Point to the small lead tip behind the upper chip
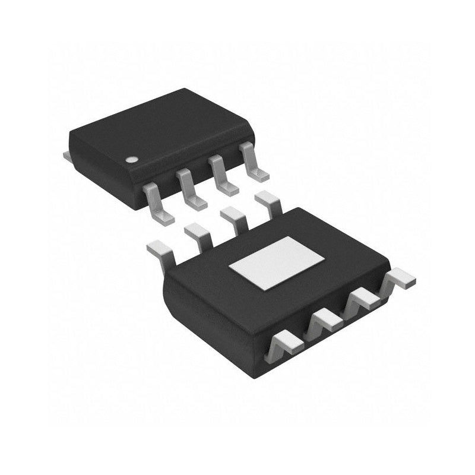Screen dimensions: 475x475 pyautogui.click(x=66, y=156)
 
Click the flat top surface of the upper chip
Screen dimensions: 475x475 pyautogui.click(x=160, y=128)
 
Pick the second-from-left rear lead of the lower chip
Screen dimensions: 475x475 pyautogui.click(x=198, y=234)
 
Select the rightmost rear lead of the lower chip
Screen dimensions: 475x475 pyautogui.click(x=268, y=203)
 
